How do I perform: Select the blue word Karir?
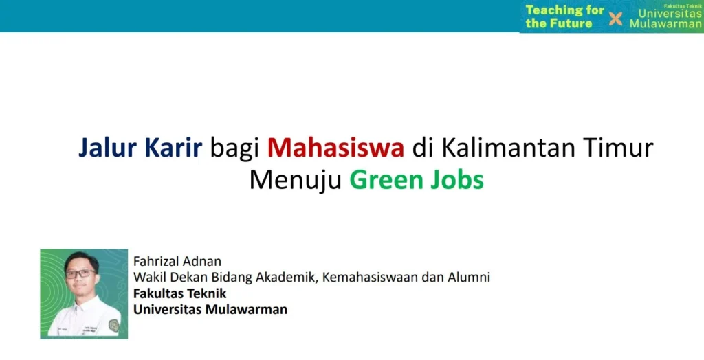click(173, 148)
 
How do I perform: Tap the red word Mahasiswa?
click(335, 148)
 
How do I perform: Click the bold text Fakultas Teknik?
click(180, 293)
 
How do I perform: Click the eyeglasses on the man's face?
click(80, 273)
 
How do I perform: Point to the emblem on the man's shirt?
click(115, 325)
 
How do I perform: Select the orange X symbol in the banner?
click(615, 19)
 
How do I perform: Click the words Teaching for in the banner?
click(565, 10)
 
